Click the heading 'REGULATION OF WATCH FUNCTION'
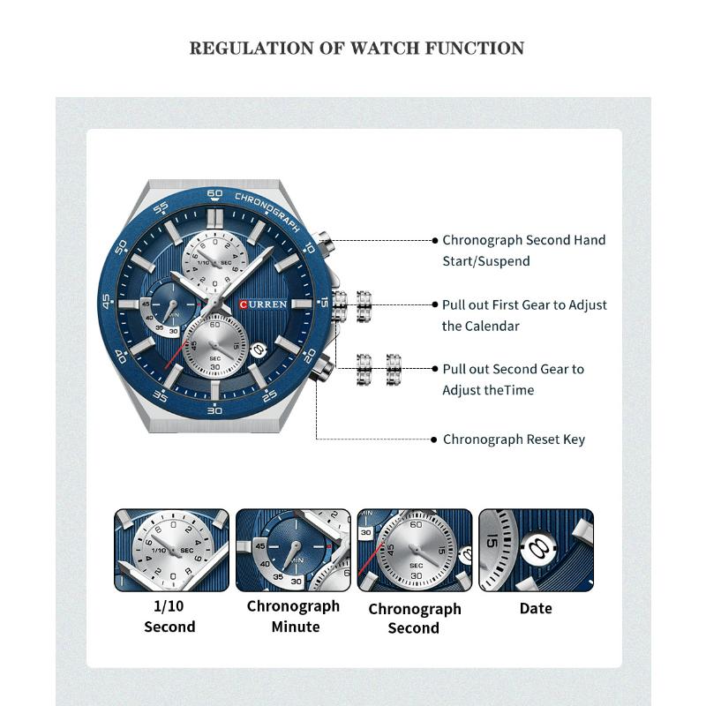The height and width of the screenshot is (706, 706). [x=357, y=48]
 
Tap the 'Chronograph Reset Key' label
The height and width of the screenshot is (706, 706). [x=514, y=439]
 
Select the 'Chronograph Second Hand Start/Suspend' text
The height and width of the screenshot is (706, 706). [x=523, y=251]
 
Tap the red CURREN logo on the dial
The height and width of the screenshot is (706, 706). [x=263, y=304]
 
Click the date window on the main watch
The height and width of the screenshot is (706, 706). [x=259, y=348]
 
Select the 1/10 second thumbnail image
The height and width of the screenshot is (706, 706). [x=171, y=550]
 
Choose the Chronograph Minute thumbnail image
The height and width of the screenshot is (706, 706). [x=294, y=550]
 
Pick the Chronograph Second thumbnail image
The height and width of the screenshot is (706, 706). [x=415, y=550]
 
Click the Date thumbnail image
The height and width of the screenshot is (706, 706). [x=536, y=550]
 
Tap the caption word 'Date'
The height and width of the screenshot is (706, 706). [x=536, y=608]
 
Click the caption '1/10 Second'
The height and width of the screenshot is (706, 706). [x=169, y=616]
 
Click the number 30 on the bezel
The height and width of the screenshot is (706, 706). [x=214, y=410]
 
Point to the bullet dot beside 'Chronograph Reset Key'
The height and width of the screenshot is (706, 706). [x=434, y=439]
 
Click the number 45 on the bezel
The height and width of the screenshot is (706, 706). [x=107, y=302]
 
